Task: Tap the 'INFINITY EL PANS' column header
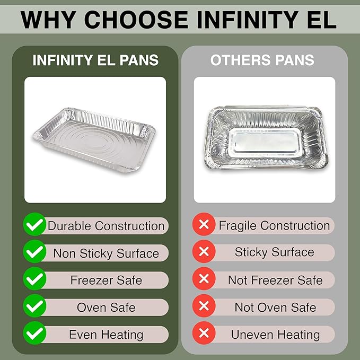(x=95, y=60)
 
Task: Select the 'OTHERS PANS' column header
(x=262, y=60)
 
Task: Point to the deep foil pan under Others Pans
(x=264, y=138)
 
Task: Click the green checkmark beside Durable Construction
(x=34, y=226)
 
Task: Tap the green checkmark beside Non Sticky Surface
(x=34, y=252)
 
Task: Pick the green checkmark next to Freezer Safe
(x=34, y=279)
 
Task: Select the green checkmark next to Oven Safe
(x=34, y=306)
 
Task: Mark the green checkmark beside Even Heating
(x=34, y=334)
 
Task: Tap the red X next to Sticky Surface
(x=203, y=252)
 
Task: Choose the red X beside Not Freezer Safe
(x=203, y=279)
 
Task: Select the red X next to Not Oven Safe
(x=203, y=306)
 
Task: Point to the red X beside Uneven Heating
(x=203, y=334)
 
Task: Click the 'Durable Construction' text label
(x=106, y=226)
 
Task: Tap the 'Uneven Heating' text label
(x=275, y=335)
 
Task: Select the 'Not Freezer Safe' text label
(x=275, y=280)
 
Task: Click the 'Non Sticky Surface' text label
(x=106, y=253)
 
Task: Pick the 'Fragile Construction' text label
(x=274, y=226)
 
